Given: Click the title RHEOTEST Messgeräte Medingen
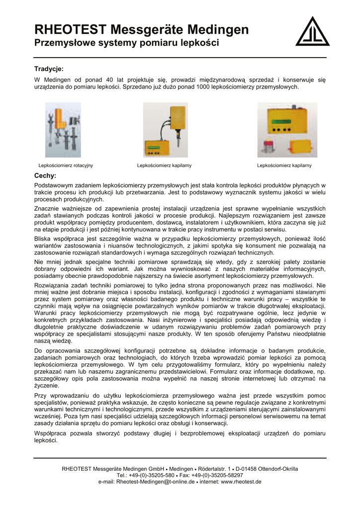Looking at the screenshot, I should tap(141, 30).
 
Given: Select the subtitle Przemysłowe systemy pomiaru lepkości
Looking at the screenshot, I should tap(126, 43).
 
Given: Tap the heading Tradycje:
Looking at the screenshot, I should tap(49, 69).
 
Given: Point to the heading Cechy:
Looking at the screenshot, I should tap(45, 175).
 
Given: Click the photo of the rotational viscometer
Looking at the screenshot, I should tap(63, 130).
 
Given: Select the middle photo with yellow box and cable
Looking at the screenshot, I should tap(165, 130).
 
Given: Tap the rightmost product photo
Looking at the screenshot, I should tap(287, 130).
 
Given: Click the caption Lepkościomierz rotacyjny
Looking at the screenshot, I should tap(65, 165).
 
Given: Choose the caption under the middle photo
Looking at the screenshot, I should tap(164, 165).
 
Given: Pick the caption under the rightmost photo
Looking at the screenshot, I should tap(284, 165).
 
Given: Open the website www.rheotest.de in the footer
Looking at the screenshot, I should tap(241, 482).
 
